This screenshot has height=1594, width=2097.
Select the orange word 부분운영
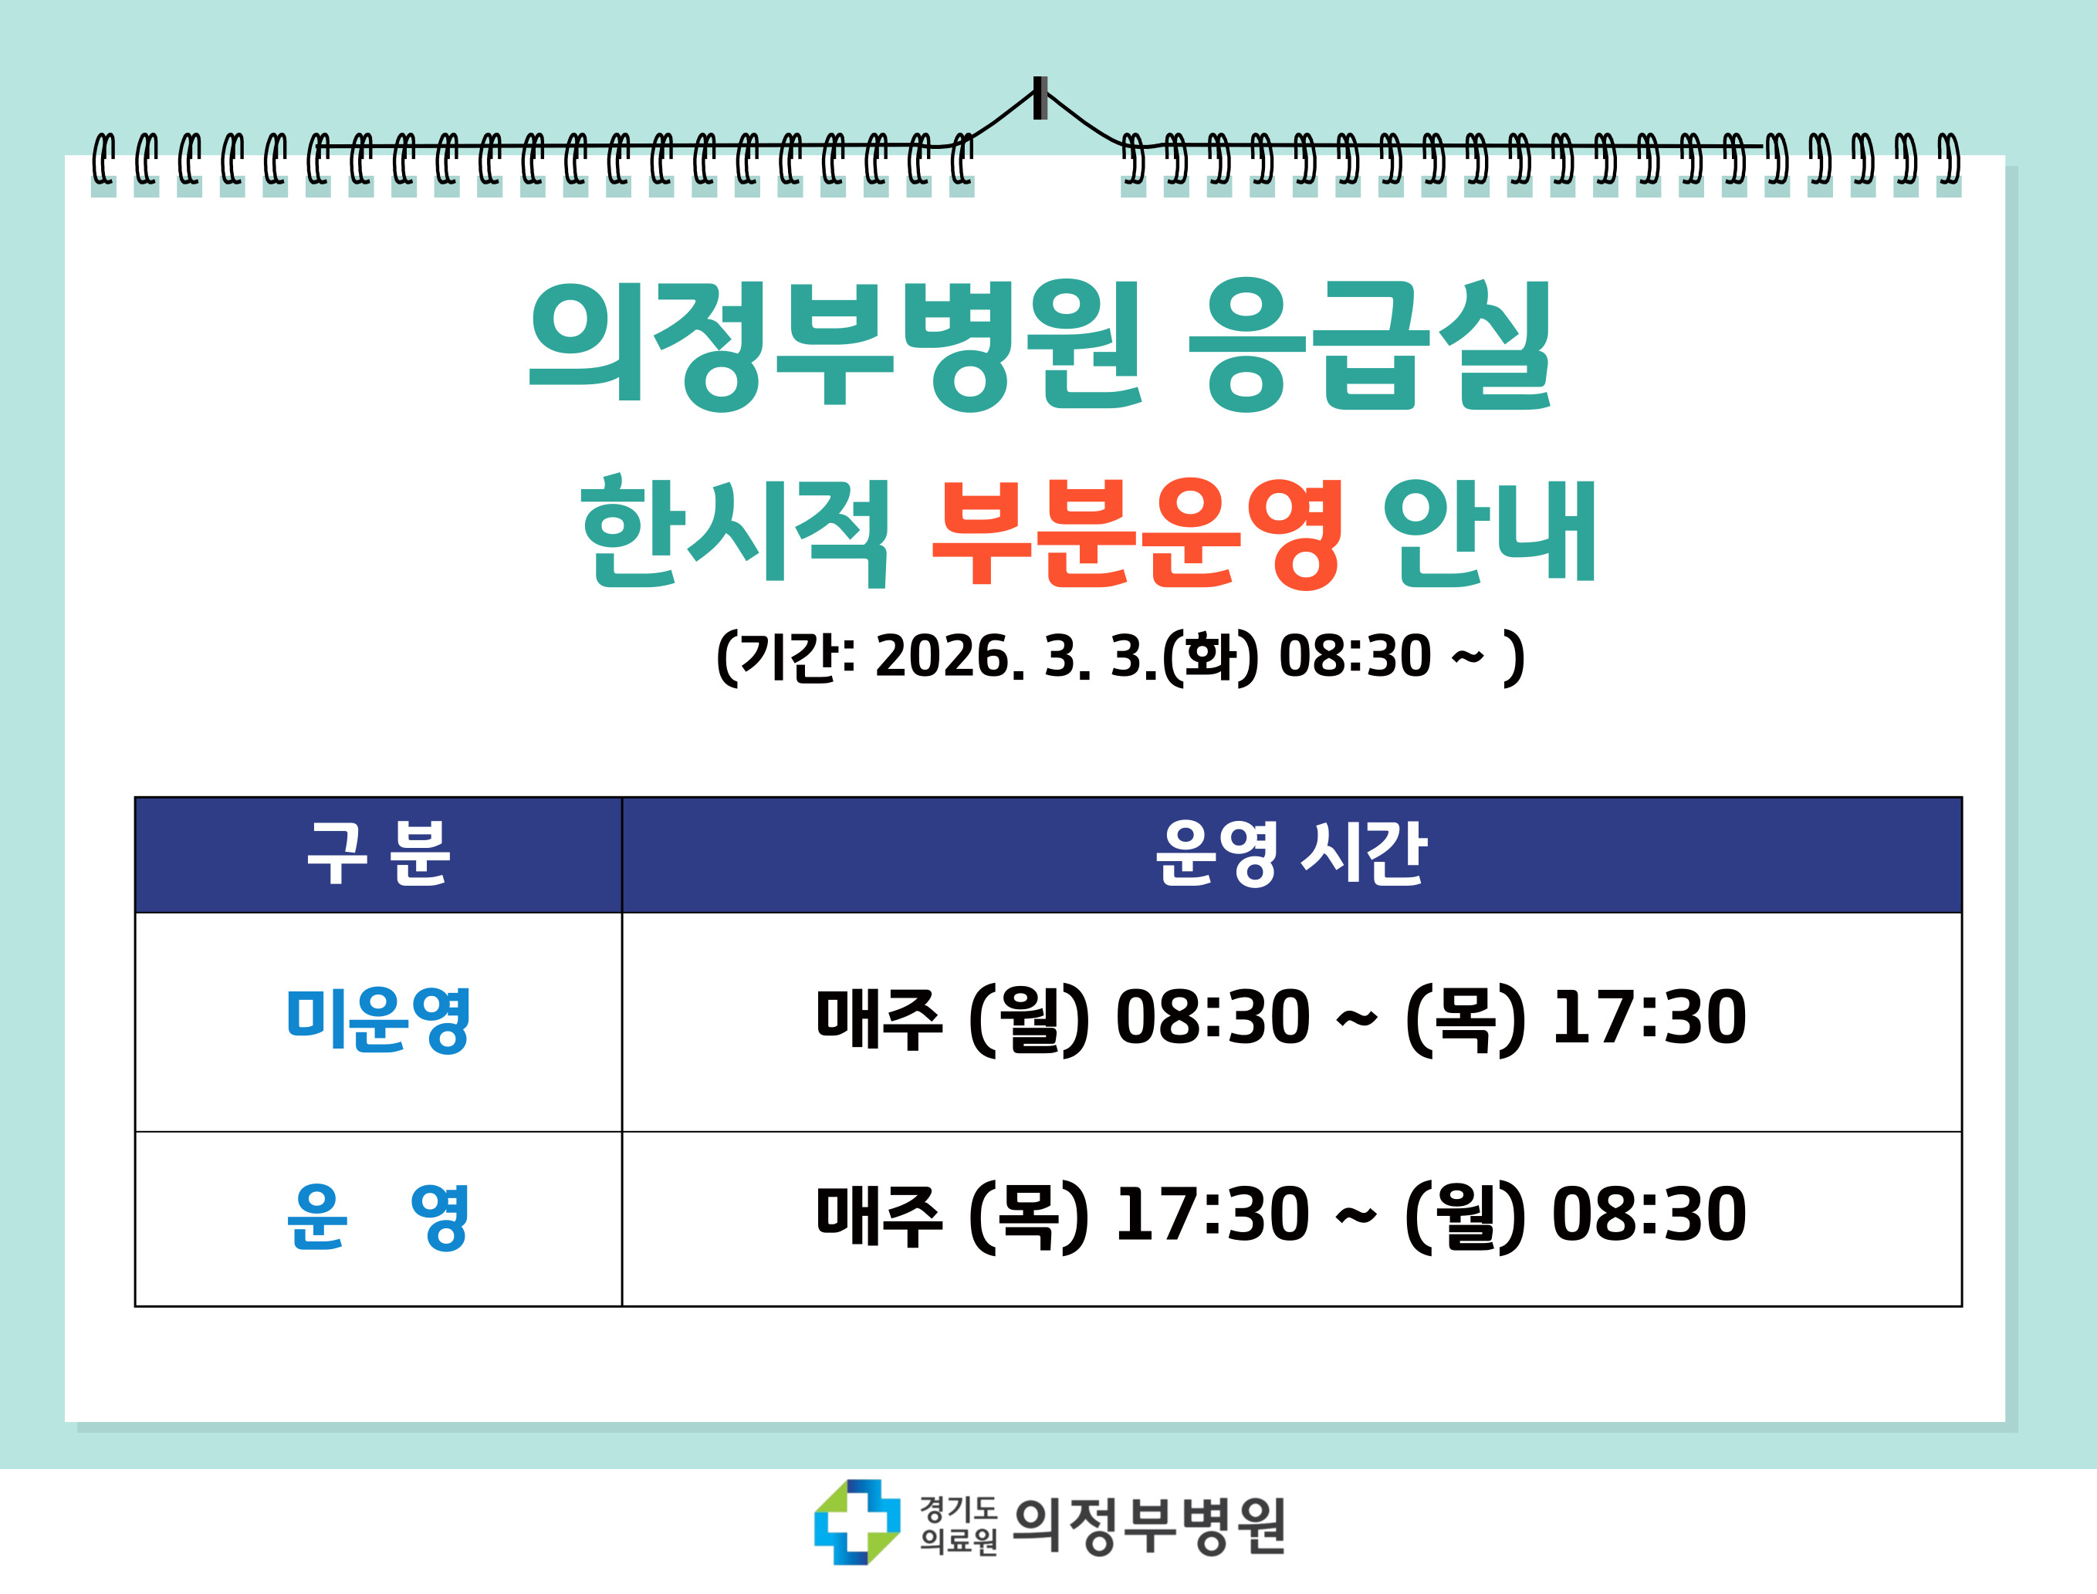pos(1137,533)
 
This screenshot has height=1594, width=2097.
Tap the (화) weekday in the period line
pos(1211,657)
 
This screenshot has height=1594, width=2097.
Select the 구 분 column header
pos(377,854)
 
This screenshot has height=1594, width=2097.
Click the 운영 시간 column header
pos(1290,854)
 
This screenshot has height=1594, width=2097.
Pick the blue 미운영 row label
pos(377,1020)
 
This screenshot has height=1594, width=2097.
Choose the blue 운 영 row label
pos(377,1217)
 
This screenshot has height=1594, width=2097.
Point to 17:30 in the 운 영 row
pos(1213,1215)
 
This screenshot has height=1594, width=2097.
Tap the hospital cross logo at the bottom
pos(857,1522)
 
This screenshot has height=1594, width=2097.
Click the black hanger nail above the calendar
pos(1040,98)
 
